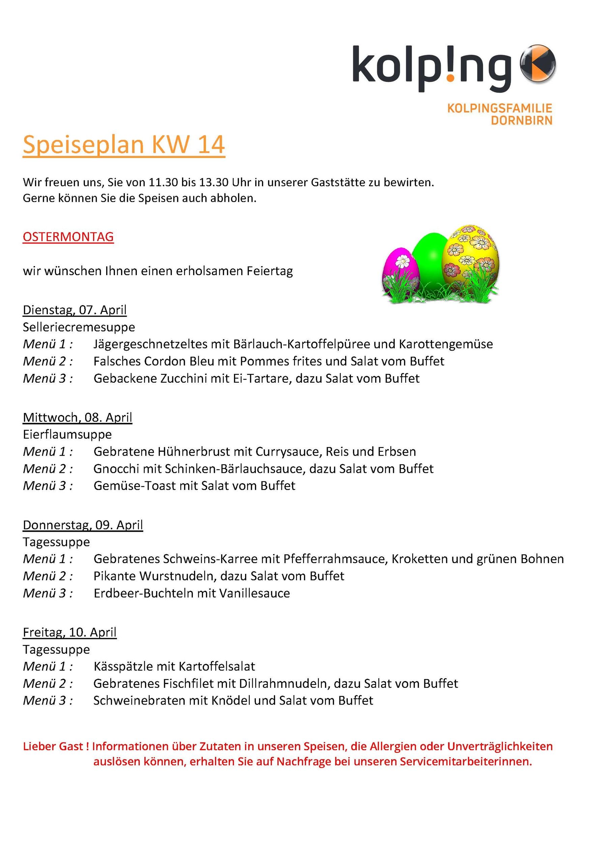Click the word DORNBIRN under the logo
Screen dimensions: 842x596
pos(521,121)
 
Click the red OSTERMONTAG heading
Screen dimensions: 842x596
pos(68,236)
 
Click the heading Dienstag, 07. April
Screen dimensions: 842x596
pos(74,310)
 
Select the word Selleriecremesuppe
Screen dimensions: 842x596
pos(79,327)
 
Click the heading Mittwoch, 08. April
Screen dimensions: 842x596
pos(78,417)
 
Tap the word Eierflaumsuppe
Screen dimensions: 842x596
pos(67,434)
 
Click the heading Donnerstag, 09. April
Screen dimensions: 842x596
pos(83,525)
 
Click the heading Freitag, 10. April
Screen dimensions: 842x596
pos(70,632)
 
